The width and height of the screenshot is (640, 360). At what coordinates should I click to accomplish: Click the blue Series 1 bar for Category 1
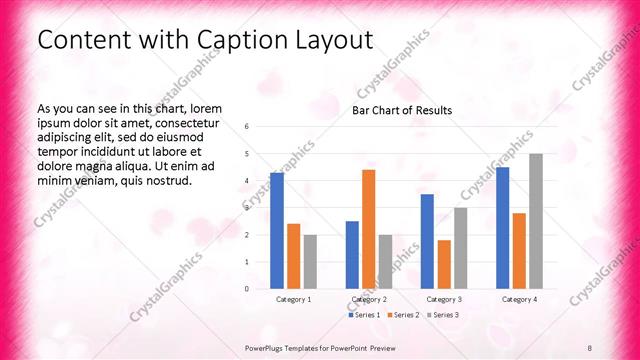[277, 231]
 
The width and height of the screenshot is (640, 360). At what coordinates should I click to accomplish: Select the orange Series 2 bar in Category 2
[368, 229]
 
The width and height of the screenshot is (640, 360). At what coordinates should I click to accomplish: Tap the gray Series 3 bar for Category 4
[536, 221]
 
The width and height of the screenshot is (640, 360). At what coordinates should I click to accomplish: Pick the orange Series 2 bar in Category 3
[444, 264]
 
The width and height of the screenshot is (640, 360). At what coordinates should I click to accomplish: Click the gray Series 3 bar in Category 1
[310, 262]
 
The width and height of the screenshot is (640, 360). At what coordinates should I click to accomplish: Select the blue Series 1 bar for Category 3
[427, 241]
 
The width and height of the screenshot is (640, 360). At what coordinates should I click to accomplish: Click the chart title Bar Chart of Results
[402, 110]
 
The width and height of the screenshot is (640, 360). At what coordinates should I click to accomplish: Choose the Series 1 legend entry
[363, 315]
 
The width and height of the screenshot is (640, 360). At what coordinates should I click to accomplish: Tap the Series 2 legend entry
[404, 315]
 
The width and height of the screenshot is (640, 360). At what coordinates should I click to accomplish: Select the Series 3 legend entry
[443, 315]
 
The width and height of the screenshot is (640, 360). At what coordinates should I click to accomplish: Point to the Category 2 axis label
[369, 299]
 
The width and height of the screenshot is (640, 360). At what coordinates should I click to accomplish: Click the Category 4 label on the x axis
[519, 299]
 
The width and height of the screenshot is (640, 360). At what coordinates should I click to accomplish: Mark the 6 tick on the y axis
[247, 126]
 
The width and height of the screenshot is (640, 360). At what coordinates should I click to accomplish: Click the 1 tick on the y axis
[247, 262]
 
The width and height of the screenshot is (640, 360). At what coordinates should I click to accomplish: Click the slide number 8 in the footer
[590, 348]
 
